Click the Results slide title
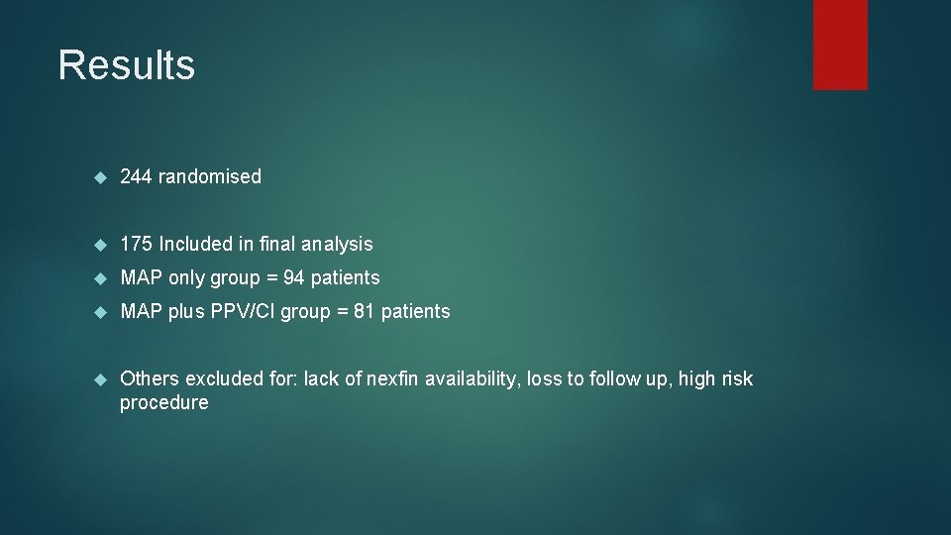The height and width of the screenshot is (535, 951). click(126, 65)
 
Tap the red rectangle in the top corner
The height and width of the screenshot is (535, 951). click(840, 45)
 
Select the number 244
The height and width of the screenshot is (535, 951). click(136, 177)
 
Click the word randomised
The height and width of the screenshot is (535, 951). click(210, 177)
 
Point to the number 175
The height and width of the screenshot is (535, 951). click(136, 244)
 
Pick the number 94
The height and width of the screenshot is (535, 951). click(293, 277)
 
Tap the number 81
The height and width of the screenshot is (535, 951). click(365, 311)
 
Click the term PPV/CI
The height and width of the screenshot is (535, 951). click(242, 311)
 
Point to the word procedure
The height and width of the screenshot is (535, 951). click(163, 403)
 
